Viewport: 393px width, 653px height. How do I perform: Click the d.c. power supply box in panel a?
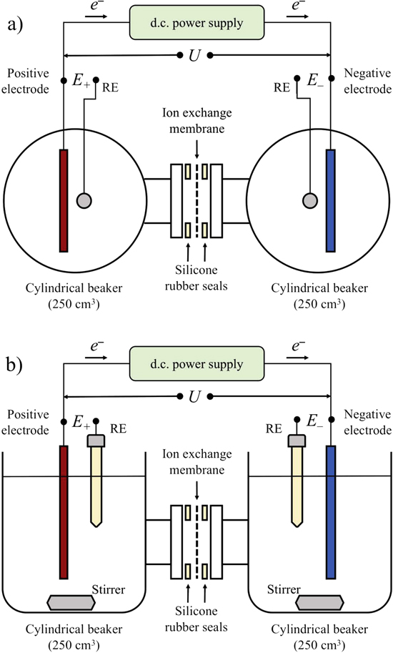coord(196,21)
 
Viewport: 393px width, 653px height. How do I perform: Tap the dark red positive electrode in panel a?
coord(64,200)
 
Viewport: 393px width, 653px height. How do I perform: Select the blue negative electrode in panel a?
coord(330,200)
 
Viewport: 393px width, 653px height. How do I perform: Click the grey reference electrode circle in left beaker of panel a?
coord(84,200)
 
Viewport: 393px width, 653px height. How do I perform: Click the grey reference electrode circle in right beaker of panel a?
coord(309,200)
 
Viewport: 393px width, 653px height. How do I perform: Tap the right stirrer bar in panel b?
coord(327,602)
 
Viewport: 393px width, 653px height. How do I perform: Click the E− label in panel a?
coord(315,82)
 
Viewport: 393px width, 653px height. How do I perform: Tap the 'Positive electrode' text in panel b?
coord(28,424)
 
